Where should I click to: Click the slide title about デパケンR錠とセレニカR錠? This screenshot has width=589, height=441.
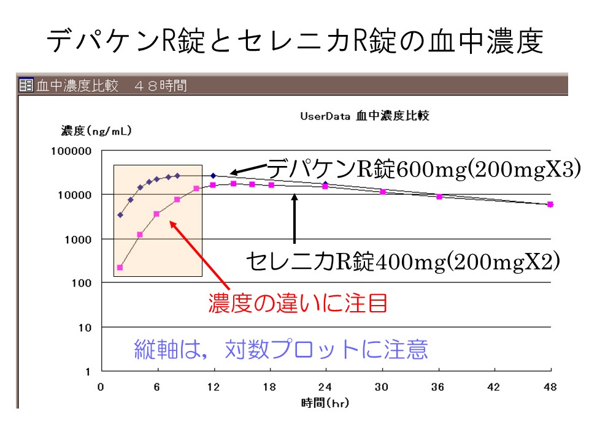tap(294, 41)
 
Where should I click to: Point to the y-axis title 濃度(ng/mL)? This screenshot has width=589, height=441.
tap(96, 130)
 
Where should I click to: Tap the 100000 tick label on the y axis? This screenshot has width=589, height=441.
tap(70, 151)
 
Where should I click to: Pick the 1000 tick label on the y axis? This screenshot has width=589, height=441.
tap(79, 239)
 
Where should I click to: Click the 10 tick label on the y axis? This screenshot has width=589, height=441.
tap(85, 328)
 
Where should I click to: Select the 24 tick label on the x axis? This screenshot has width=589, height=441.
tap(325, 387)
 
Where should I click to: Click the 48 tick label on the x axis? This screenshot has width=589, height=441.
tap(550, 387)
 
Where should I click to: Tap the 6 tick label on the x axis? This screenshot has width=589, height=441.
tap(157, 387)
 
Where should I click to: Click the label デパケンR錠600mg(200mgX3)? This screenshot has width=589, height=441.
tap(423, 168)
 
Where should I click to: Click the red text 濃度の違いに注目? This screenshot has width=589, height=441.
tap(298, 303)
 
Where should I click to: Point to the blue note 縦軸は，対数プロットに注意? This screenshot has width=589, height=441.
tap(281, 349)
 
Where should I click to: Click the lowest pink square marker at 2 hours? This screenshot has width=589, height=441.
tap(120, 268)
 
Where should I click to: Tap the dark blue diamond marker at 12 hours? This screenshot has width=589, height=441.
tap(214, 176)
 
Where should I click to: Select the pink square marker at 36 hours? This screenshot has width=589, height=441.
tap(439, 197)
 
